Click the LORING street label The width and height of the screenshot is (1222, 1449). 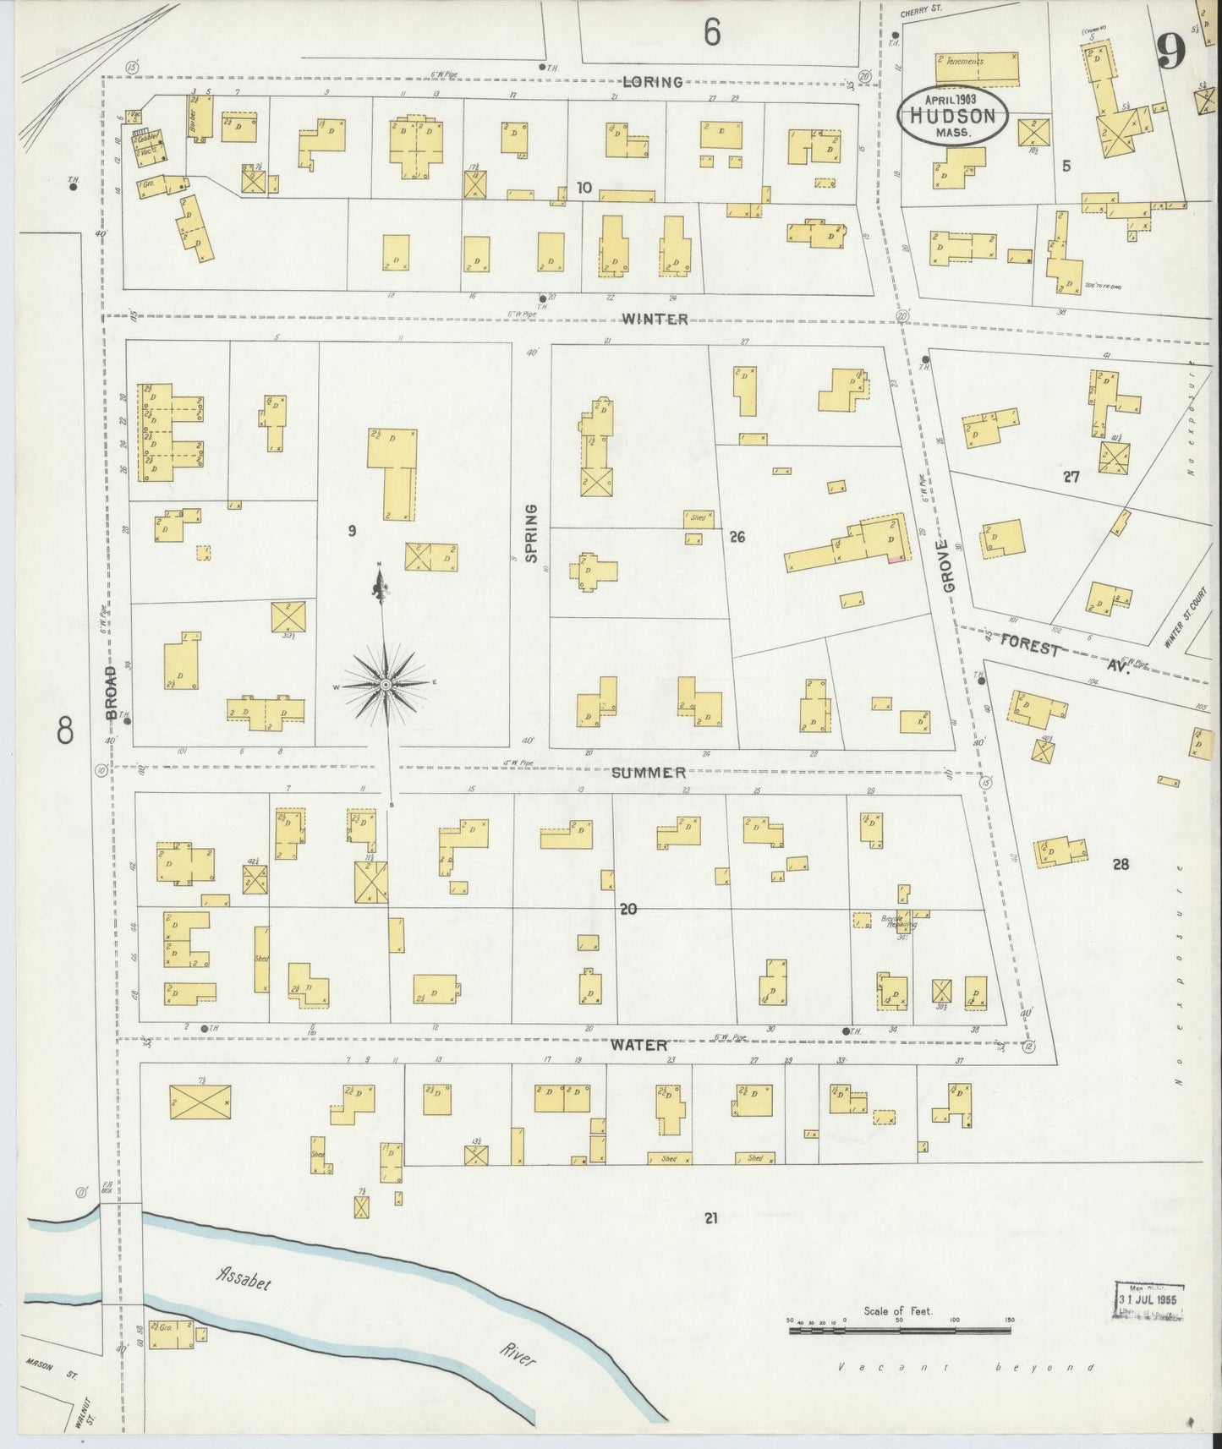tap(652, 82)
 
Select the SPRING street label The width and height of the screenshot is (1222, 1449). tap(531, 533)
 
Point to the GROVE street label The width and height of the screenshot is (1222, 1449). tap(948, 567)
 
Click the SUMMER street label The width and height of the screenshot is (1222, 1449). tap(649, 773)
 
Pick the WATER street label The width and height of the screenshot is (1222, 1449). tap(640, 1045)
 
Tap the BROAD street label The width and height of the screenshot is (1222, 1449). tap(110, 692)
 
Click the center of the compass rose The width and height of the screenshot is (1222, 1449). tap(385, 683)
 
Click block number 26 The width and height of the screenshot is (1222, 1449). tap(737, 536)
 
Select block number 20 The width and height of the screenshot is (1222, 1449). tap(627, 910)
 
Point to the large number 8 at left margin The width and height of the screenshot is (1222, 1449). tap(65, 730)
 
